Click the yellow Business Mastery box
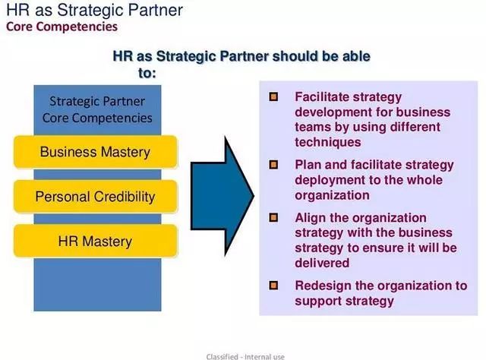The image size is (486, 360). coord(96,152)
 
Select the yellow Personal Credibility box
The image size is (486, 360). coord(96,197)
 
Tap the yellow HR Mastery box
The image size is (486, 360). coord(96,242)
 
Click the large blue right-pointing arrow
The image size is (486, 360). coord(222,196)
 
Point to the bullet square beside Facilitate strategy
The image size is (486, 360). coord(273,96)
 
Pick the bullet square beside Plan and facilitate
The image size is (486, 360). coord(273,165)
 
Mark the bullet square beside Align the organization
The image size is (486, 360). coord(273,218)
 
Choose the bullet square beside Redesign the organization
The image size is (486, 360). coord(273,286)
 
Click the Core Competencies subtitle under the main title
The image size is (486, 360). coord(62,27)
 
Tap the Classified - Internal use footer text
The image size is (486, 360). coord(245,357)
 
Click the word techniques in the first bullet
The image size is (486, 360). coord(328,142)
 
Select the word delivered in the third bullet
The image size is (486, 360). coord(322,263)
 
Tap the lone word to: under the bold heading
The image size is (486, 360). coord(147,73)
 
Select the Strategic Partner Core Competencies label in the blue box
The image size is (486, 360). coord(97,110)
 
